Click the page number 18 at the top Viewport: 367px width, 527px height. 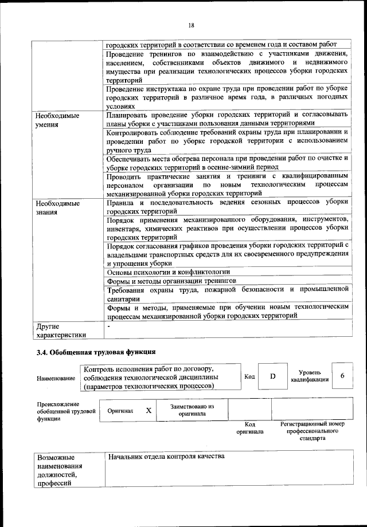pyautogui.click(x=192, y=25)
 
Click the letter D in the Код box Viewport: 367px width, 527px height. pyautogui.click(x=273, y=376)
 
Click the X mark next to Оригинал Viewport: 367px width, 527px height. pyautogui.click(x=149, y=411)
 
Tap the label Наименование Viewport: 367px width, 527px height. pyautogui.click(x=56, y=378)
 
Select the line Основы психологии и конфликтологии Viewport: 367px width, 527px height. pyautogui.click(x=169, y=272)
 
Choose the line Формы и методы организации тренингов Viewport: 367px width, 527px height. pyautogui.click(x=171, y=281)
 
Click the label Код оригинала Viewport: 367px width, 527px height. pyautogui.click(x=249, y=428)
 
